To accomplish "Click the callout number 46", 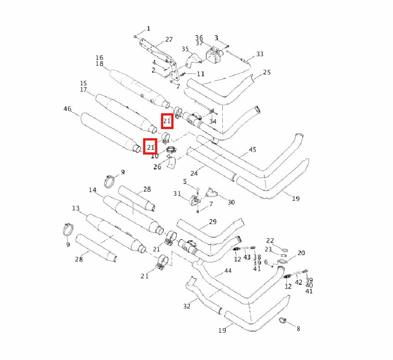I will [67, 109].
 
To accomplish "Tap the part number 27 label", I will [169, 40].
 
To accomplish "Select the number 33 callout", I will [260, 54].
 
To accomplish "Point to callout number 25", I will [267, 73].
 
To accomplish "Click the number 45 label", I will [252, 150].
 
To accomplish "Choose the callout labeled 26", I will [157, 167].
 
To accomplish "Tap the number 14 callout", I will [93, 190].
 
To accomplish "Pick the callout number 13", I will [76, 209].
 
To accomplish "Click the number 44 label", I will [228, 271].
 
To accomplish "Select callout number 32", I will [187, 306].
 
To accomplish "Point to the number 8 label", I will [299, 329].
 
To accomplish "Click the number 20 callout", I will [301, 253].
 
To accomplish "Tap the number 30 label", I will [231, 202].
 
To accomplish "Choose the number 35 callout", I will [185, 49].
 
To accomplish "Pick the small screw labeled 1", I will [136, 36].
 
